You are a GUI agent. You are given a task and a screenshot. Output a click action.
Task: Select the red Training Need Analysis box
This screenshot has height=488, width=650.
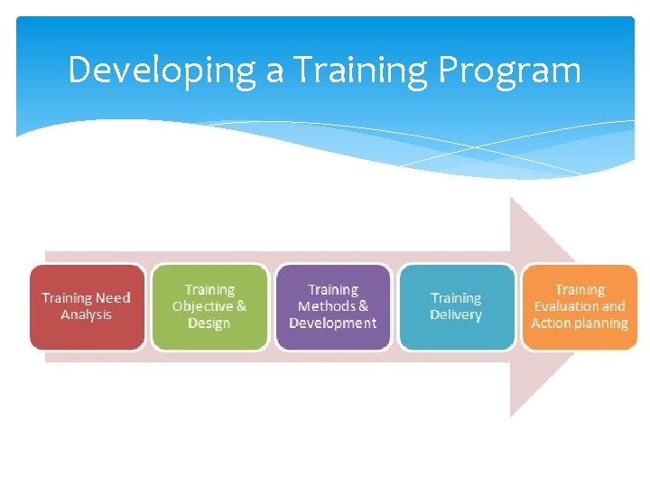87,306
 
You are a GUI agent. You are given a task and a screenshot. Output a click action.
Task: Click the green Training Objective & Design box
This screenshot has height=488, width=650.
209,306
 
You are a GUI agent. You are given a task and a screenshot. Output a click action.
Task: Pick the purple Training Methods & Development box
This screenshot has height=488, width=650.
332,306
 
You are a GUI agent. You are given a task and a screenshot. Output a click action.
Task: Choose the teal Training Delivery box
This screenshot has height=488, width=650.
456,306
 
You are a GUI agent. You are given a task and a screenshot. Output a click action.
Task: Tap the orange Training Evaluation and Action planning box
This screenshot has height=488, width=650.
580,306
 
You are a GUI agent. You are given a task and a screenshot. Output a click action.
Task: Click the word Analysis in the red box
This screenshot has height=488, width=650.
87,314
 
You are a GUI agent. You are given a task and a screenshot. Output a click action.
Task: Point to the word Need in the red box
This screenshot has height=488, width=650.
113,298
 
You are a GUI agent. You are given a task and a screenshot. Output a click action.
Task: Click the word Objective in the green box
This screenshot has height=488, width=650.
202,306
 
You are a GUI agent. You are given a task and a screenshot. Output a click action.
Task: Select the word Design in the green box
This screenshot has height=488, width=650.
209,323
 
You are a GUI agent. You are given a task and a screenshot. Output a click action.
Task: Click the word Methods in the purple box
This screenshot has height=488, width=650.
326,306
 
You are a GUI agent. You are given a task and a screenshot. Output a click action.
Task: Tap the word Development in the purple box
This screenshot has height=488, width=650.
332,323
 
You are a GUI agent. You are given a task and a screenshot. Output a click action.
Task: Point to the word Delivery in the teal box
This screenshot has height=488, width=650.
456,314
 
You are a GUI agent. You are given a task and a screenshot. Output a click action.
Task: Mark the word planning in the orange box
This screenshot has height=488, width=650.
601,324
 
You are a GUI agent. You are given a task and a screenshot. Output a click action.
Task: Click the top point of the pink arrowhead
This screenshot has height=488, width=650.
512,198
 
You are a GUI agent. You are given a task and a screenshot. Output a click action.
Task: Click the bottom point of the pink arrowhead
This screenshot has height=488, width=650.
512,416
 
